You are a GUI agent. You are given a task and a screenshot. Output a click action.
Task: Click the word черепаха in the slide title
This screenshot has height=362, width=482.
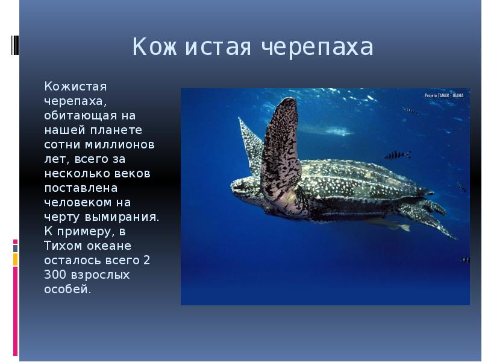click(318, 47)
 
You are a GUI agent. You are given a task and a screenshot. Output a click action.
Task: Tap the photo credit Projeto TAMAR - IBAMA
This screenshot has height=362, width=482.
click(444, 95)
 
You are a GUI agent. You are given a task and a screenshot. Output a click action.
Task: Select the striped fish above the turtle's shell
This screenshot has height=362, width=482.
click(398, 155)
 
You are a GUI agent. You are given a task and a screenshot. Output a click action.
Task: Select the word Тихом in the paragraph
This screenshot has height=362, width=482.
click(63, 246)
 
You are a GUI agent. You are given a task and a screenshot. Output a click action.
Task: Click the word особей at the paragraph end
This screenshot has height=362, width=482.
click(66, 289)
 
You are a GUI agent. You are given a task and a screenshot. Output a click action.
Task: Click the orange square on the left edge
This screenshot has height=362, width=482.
click(16, 260)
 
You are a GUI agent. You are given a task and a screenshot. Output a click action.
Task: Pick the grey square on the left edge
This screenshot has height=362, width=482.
click(16, 249)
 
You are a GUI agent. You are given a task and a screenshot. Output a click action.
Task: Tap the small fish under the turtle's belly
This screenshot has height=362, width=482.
click(389, 224)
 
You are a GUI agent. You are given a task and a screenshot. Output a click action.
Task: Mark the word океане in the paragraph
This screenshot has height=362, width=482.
click(109, 246)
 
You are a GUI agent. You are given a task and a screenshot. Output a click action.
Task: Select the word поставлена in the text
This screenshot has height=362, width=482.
click(81, 188)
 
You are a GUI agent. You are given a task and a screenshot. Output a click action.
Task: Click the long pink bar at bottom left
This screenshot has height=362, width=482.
click(16, 311)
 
